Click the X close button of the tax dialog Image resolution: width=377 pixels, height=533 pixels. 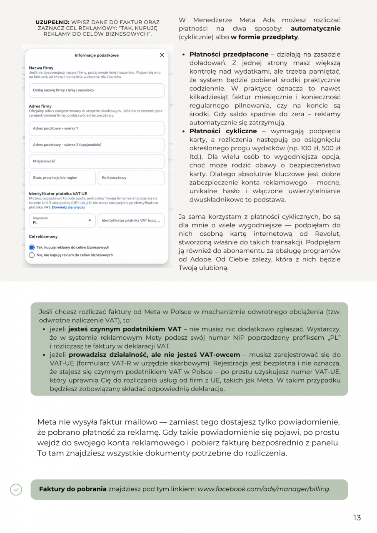(162, 55)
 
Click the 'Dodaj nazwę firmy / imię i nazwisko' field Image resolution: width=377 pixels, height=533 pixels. (97, 90)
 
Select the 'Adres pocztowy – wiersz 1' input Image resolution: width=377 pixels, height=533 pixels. (97, 128)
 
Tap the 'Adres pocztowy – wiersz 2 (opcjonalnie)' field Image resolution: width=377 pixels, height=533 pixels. (97, 145)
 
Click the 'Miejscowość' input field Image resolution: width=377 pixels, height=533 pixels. (97, 161)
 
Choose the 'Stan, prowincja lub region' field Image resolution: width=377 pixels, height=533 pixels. (62, 178)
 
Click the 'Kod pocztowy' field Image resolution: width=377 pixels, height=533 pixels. (131, 178)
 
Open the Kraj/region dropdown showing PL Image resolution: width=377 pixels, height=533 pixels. (62, 221)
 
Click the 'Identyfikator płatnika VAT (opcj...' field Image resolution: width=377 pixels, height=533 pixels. (131, 221)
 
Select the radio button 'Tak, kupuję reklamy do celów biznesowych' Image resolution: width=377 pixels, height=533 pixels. (32, 247)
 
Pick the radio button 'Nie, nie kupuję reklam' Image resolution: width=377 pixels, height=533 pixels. (32, 255)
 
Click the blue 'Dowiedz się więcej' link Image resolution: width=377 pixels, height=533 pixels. (68, 207)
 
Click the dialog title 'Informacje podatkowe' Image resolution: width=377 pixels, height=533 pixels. (97, 55)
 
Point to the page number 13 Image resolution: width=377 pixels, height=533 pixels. (357, 518)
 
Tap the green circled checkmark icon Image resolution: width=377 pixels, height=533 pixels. (16, 489)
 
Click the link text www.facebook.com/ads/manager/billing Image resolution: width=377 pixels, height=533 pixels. (263, 489)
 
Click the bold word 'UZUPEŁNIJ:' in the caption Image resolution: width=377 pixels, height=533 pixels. (52, 22)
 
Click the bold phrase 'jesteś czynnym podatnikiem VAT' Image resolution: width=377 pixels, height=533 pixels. (125, 329)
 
